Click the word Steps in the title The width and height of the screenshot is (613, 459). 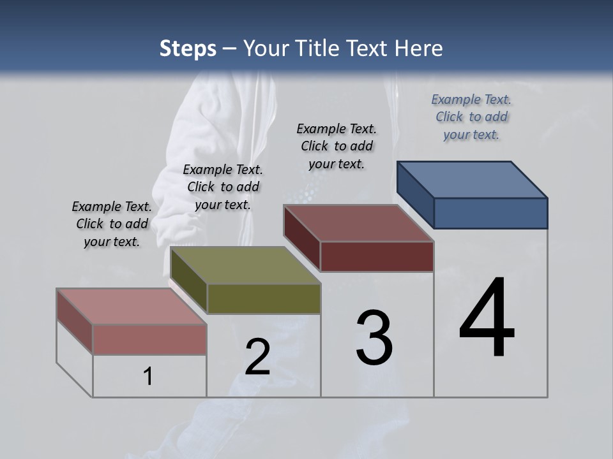pyautogui.click(x=188, y=49)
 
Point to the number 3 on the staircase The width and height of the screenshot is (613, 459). pyautogui.click(x=374, y=338)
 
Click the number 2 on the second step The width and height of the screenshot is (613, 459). pyautogui.click(x=257, y=358)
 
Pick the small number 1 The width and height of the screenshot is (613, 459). pyautogui.click(x=148, y=377)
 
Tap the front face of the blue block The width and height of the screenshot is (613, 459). pyautogui.click(x=490, y=213)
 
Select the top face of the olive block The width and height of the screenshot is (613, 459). pyautogui.click(x=245, y=265)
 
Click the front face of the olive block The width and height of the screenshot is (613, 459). pyautogui.click(x=264, y=298)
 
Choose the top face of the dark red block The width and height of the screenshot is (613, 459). pyautogui.click(x=358, y=223)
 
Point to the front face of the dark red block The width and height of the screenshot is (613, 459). pyautogui.click(x=377, y=256)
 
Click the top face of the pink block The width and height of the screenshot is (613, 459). pyautogui.click(x=131, y=307)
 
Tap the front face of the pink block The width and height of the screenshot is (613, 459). pyautogui.click(x=149, y=339)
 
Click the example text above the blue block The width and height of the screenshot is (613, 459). pyautogui.click(x=471, y=117)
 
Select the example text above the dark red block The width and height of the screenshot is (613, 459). pyautogui.click(x=337, y=146)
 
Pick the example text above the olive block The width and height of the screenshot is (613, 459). pyautogui.click(x=223, y=187)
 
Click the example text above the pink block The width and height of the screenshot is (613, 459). pyautogui.click(x=112, y=224)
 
